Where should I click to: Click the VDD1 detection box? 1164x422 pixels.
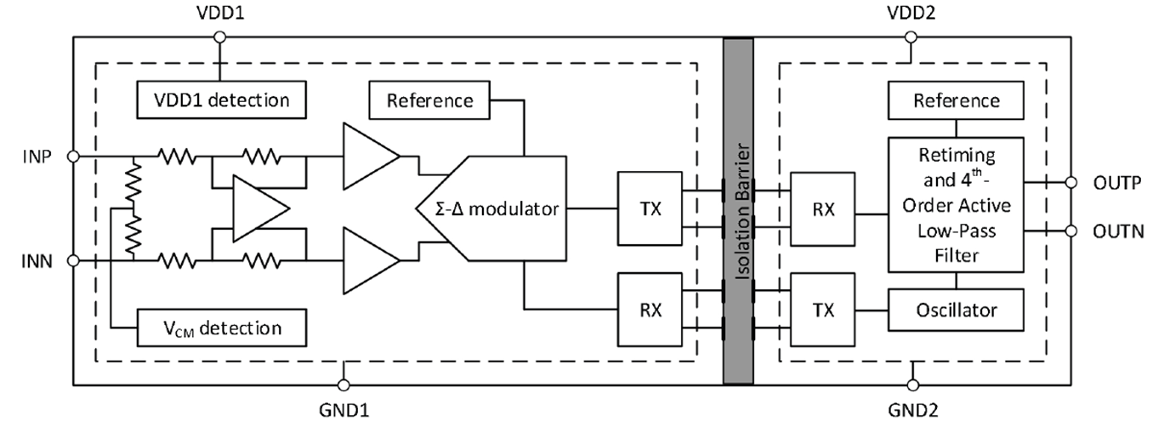pyautogui.click(x=220, y=100)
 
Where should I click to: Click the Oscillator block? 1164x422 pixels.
pyautogui.click(x=955, y=310)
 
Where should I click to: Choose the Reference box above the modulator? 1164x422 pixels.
pyautogui.click(x=429, y=100)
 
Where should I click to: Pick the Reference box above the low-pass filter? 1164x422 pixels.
pyautogui.click(x=956, y=100)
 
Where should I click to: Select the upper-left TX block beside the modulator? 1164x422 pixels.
pyautogui.click(x=650, y=208)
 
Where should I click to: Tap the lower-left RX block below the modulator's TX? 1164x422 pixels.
pyautogui.click(x=650, y=311)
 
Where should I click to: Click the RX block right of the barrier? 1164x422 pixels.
pyautogui.click(x=822, y=208)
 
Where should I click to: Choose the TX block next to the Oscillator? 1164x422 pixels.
pyautogui.click(x=822, y=311)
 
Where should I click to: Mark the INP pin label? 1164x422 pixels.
pyautogui.click(x=36, y=157)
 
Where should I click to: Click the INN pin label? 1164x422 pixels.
pyautogui.click(x=36, y=261)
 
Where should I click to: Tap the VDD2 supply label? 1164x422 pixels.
pyautogui.click(x=911, y=14)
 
